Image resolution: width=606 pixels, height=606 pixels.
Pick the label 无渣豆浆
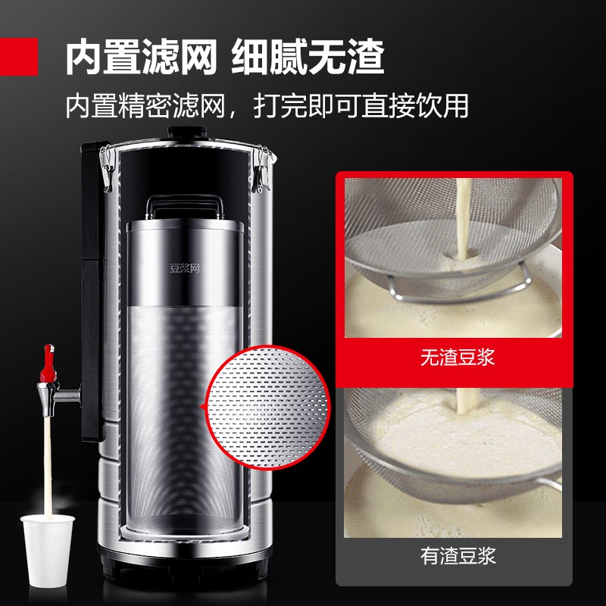click(x=458, y=357)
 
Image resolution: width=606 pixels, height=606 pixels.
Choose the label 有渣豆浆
click(x=458, y=557)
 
